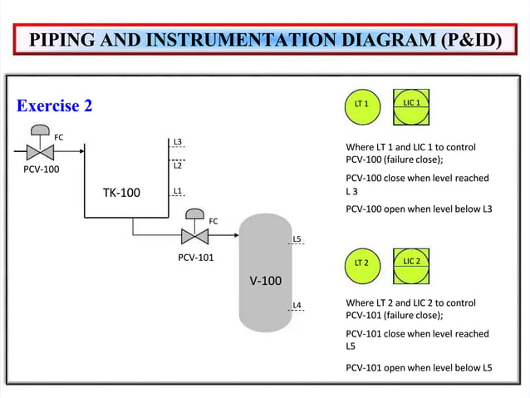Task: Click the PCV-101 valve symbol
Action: (x=194, y=235)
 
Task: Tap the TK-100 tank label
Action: (x=121, y=193)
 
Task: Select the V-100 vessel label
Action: (x=266, y=280)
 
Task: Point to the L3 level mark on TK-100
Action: (x=178, y=142)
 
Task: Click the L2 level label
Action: (x=178, y=165)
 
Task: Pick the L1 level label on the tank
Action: (x=178, y=192)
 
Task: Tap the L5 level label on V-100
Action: (x=297, y=239)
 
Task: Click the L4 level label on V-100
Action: (x=297, y=305)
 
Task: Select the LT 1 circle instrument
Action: (x=361, y=105)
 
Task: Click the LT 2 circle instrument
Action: (x=361, y=263)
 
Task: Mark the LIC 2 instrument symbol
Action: (x=411, y=263)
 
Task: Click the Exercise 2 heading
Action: (x=54, y=106)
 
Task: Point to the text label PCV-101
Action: (x=196, y=257)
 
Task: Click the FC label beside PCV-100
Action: (x=59, y=137)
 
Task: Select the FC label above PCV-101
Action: (x=213, y=221)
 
